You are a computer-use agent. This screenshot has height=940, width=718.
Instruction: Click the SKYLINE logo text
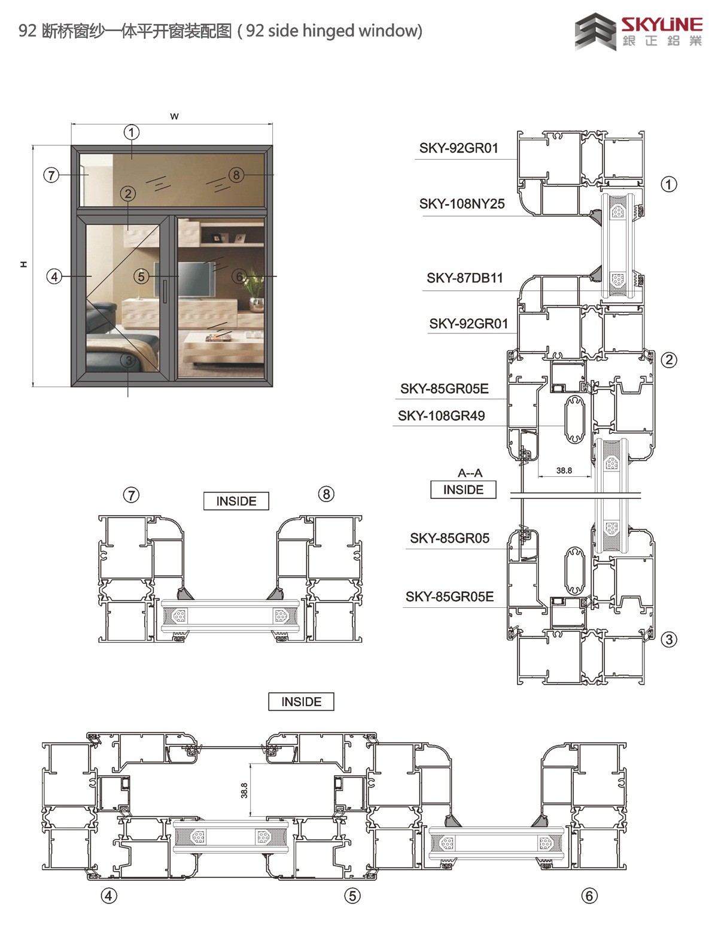pos(662,25)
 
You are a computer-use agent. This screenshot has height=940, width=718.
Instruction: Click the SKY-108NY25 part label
pos(461,204)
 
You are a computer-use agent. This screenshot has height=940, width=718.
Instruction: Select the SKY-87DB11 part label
pos(464,278)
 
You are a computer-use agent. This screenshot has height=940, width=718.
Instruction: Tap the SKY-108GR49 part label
pos(441,415)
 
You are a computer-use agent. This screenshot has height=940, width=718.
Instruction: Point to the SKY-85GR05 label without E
pos(449,538)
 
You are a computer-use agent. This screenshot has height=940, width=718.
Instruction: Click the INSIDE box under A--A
pos(463,489)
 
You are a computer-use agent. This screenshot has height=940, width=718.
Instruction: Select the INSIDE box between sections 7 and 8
pos(236,501)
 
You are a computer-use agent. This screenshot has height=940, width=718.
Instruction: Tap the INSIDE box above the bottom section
pos(301,701)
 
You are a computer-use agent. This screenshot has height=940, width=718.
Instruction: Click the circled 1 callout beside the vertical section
pos(669,184)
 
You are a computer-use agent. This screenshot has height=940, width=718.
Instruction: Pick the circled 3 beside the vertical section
pos(669,640)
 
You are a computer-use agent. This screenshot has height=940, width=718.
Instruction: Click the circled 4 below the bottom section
pos(109,896)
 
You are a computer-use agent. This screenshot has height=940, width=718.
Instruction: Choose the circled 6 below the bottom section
pos(589,896)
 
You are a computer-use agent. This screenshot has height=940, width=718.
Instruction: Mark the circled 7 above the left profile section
pos(132,495)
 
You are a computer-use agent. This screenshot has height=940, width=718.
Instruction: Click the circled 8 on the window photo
pos(236,175)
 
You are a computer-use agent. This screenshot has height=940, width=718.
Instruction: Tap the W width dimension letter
pos(174,116)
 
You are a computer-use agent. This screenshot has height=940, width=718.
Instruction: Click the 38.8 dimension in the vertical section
pos(564,470)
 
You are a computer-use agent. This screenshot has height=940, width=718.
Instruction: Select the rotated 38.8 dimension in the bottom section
pos(244,790)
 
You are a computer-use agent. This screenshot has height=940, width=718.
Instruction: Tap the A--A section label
pos(470,473)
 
